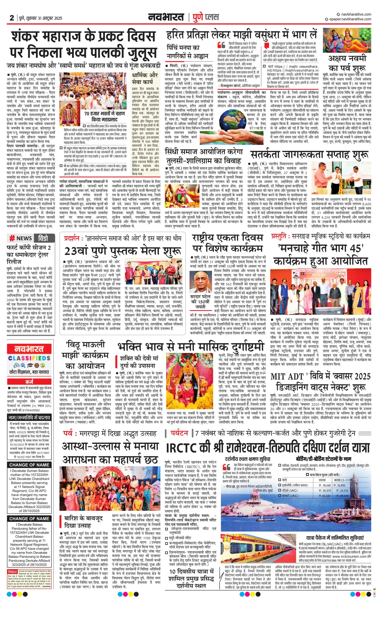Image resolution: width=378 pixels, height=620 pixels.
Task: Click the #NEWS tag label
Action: [x=21, y=238]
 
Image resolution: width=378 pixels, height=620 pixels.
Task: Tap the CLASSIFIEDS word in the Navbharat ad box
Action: [x=29, y=358]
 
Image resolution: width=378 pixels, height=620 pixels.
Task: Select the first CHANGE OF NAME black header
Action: [x=29, y=464]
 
